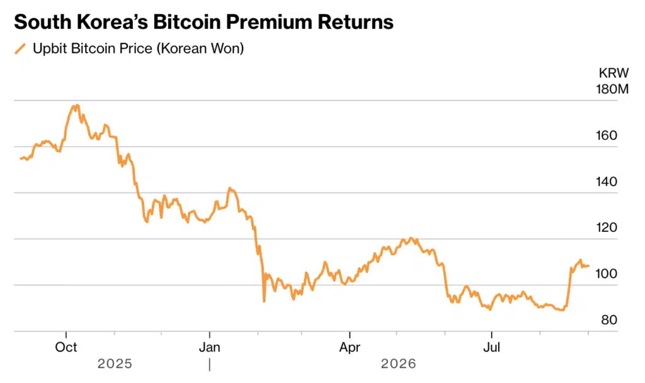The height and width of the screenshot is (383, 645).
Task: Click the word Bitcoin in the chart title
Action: tap(186, 22)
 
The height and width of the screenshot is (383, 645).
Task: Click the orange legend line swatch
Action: tap(20, 49)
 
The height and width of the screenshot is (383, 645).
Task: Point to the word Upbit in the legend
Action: tap(50, 49)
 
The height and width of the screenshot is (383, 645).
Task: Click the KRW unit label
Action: tap(614, 73)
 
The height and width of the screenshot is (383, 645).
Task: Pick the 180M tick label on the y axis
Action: tap(612, 89)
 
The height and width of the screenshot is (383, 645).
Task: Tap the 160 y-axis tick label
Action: tap(607, 135)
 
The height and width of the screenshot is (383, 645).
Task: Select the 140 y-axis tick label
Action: tap(607, 181)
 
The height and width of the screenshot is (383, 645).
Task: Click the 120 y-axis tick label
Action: tap(607, 227)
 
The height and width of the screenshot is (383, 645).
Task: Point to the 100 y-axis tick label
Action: tap(607, 273)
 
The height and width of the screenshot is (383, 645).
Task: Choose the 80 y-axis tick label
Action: tap(609, 319)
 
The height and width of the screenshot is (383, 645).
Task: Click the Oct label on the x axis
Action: tap(66, 347)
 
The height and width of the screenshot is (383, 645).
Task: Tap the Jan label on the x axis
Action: tap(209, 347)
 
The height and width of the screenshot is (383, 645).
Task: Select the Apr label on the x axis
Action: tap(350, 347)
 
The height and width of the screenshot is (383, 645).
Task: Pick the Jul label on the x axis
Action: tap(491, 347)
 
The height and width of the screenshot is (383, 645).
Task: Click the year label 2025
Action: tap(115, 363)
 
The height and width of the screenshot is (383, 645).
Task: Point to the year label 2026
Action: tap(398, 363)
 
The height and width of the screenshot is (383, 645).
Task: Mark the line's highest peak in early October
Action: tap(76, 105)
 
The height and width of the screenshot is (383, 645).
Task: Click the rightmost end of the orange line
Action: tap(588, 266)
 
